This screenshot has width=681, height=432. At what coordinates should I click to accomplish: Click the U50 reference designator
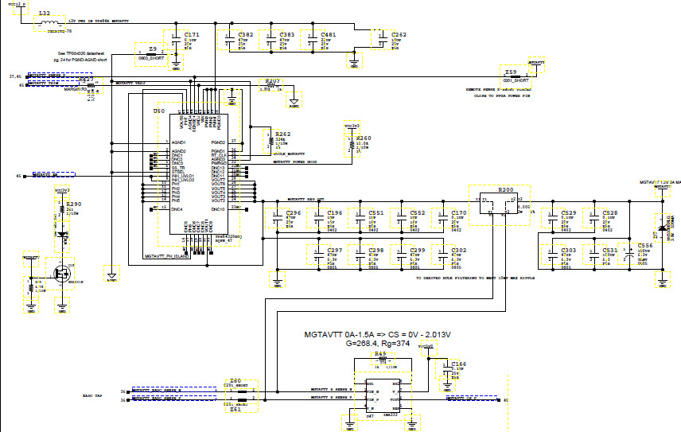point(159,111)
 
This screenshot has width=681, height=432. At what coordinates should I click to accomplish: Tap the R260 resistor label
point(363,138)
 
